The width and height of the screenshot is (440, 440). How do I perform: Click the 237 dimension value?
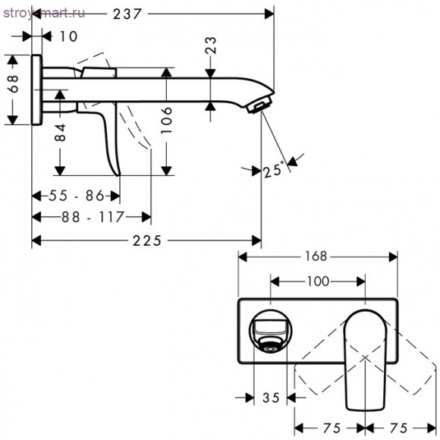coord(127,14)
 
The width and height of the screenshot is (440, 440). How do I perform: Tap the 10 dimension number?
coord(69,36)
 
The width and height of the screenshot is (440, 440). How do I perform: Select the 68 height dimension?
coord(13,84)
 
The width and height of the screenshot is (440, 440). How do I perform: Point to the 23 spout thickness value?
coord(211,46)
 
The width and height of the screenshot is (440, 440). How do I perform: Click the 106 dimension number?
coord(167,120)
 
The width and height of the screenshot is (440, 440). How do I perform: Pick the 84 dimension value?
coord(61,133)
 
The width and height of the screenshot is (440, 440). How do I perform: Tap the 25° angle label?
coord(273,169)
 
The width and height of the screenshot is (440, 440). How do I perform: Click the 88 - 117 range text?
coord(93,217)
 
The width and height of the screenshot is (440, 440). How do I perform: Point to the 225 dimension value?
coord(147,240)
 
